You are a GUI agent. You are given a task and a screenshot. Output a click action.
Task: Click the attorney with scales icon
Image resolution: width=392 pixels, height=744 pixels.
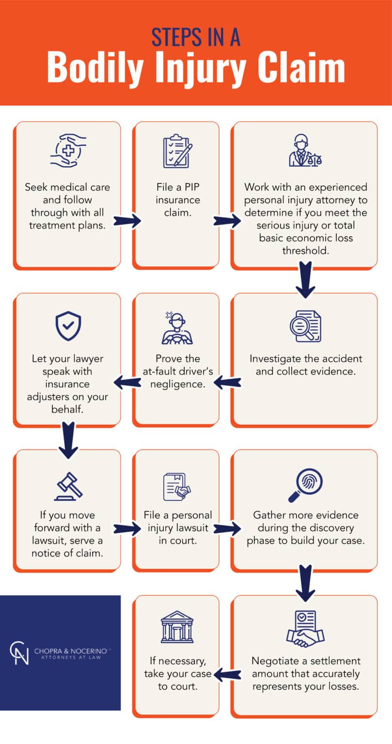click(x=305, y=152)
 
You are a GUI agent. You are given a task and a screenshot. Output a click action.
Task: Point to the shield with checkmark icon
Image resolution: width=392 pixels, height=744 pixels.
click(x=68, y=325)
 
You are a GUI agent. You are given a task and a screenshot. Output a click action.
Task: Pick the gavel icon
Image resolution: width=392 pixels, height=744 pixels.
click(x=68, y=486)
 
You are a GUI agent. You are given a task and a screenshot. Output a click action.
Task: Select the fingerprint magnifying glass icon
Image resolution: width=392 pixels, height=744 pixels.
click(x=305, y=485)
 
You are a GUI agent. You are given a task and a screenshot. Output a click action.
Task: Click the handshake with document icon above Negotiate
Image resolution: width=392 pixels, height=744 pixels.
click(x=305, y=629)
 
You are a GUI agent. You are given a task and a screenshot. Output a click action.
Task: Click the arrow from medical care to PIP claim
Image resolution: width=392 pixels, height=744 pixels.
click(x=127, y=221)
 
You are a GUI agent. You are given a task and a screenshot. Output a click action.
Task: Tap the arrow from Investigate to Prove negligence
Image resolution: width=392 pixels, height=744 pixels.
click(x=225, y=383)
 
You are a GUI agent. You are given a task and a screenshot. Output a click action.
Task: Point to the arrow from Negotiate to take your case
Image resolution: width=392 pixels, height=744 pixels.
click(x=225, y=674)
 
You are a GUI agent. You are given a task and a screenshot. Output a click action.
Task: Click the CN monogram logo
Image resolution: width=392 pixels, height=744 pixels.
click(x=19, y=652)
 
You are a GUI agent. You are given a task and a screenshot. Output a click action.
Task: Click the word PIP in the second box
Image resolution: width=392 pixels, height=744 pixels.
click(x=191, y=187)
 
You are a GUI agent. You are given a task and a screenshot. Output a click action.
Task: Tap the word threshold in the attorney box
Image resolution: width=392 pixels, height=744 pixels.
click(x=305, y=250)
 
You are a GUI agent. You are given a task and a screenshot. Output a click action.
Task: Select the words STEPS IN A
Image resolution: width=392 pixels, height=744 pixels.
click(x=196, y=37)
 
